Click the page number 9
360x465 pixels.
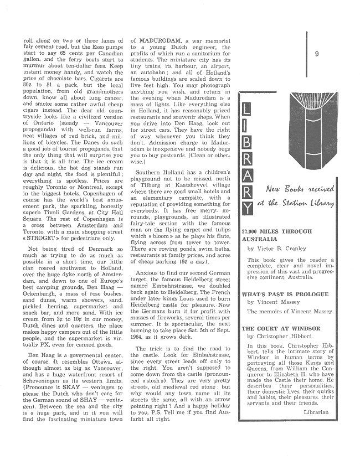coord(315,54)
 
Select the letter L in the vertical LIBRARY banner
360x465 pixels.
coord(247,116)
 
